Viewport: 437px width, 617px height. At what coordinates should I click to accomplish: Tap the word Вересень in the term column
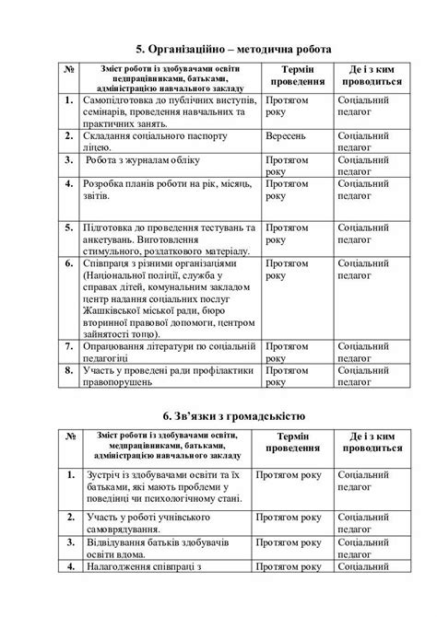(289, 134)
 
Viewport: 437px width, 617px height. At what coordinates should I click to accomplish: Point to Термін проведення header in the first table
(295, 75)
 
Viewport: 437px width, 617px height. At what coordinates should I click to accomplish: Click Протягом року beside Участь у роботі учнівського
(293, 518)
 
